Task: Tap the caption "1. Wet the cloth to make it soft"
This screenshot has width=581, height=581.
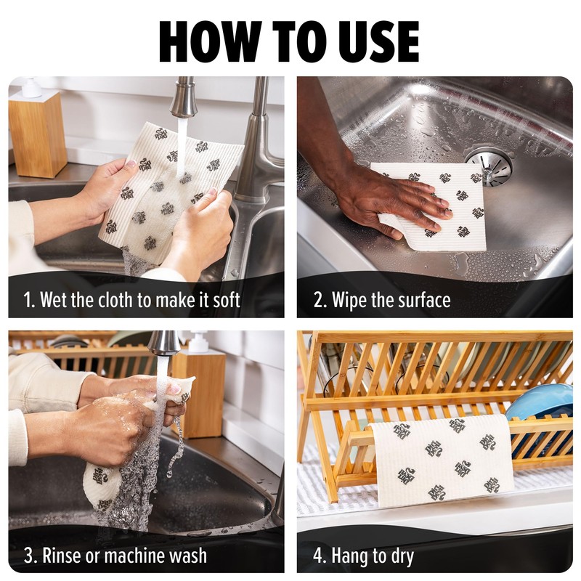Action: click(x=131, y=300)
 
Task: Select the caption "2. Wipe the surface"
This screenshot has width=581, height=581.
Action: click(x=382, y=300)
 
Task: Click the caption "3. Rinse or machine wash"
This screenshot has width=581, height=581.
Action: click(x=115, y=556)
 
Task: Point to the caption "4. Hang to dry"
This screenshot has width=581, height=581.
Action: click(x=363, y=556)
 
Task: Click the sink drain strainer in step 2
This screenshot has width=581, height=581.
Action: click(x=488, y=166)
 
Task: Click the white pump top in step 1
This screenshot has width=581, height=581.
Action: click(x=31, y=88)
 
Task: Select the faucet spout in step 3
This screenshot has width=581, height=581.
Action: click(x=165, y=343)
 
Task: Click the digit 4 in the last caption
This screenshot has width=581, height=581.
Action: click(x=320, y=556)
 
